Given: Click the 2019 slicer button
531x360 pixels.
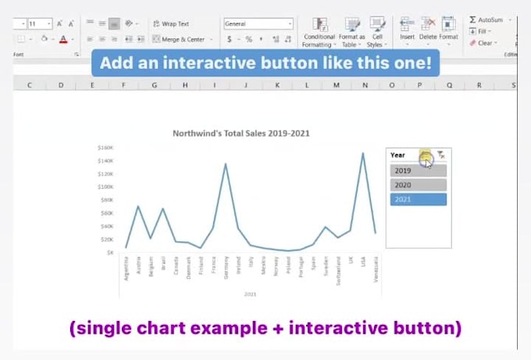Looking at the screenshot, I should pyautogui.click(x=418, y=171).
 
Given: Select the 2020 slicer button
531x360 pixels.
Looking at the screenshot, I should pyautogui.click(x=418, y=185).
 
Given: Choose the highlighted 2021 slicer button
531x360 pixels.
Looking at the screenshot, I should pyautogui.click(x=418, y=200).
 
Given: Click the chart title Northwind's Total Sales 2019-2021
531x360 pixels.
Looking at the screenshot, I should pyautogui.click(x=241, y=134).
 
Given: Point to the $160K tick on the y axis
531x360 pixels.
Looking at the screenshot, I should pyautogui.click(x=105, y=148).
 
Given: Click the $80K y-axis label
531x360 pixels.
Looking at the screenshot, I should pyautogui.click(x=106, y=200).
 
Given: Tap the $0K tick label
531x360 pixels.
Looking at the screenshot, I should pyautogui.click(x=108, y=252).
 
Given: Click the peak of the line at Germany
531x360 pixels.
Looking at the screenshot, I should pyautogui.click(x=226, y=164).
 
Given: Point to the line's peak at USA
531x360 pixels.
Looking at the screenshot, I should pyautogui.click(x=363, y=153).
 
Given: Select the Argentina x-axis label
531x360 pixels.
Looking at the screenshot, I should pyautogui.click(x=126, y=268).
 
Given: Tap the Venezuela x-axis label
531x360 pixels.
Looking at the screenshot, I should pyautogui.click(x=376, y=268).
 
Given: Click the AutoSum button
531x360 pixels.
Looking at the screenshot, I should pyautogui.click(x=485, y=20).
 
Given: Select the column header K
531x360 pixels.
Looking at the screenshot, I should pyautogui.click(x=276, y=85).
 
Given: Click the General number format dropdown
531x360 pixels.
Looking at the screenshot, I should pyautogui.click(x=258, y=24).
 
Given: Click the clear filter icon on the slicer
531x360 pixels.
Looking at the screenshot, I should pyautogui.click(x=441, y=155).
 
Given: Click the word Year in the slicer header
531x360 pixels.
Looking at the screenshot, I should pyautogui.click(x=398, y=155).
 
